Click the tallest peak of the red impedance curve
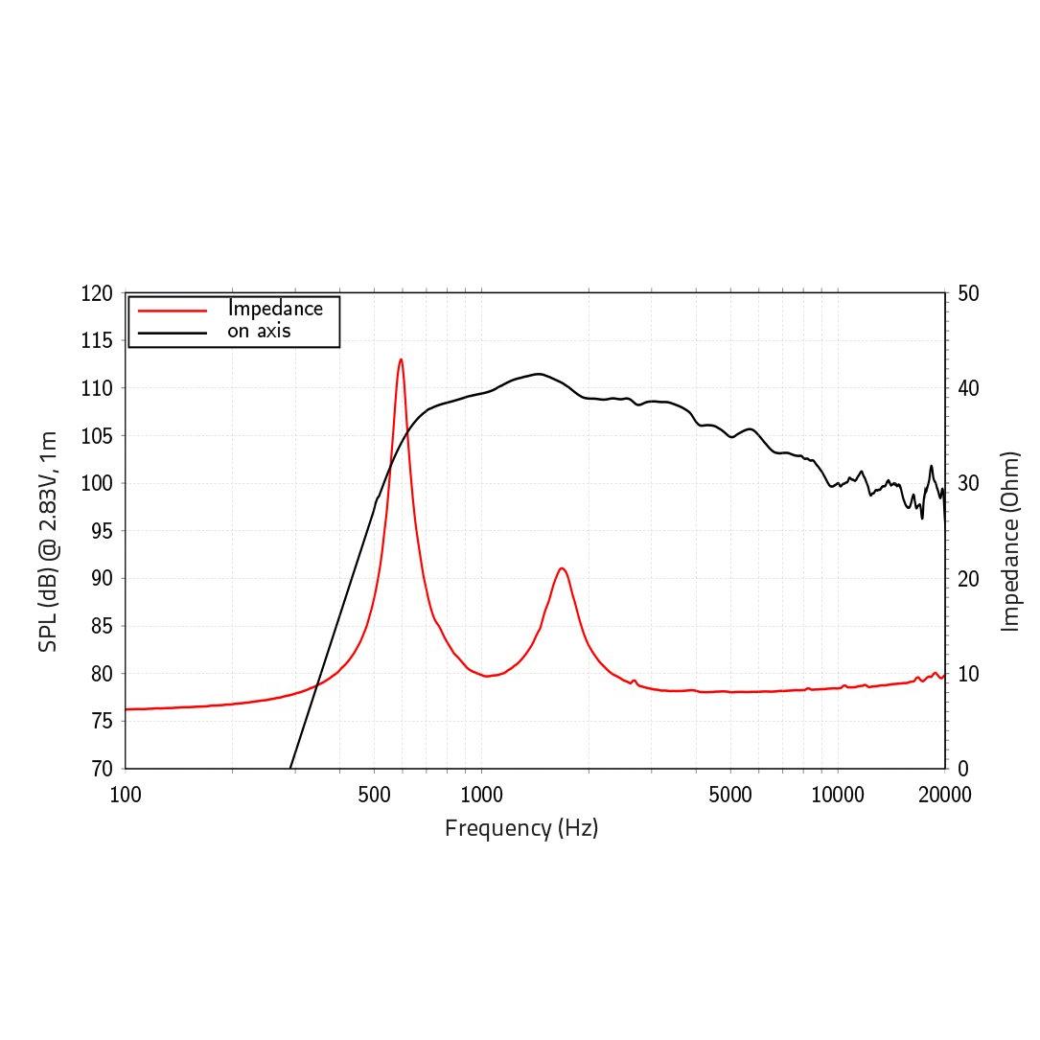pos(401,360)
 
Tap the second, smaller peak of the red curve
pos(562,568)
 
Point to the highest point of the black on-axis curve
pos(539,374)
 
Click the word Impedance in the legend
pos(275,309)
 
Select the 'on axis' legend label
pos(259,332)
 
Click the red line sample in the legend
pos(173,311)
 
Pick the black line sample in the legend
pos(173,333)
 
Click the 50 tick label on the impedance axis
pos(968,293)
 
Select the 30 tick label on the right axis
pos(968,483)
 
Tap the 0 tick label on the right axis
pos(962,769)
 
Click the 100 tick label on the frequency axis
pos(126,795)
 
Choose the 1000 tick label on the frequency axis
pos(481,795)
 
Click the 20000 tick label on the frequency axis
pos(945,795)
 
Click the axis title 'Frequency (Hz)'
pos(521,827)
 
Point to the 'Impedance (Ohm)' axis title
pos(1009,542)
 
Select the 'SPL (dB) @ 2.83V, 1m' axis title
pos(48,542)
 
